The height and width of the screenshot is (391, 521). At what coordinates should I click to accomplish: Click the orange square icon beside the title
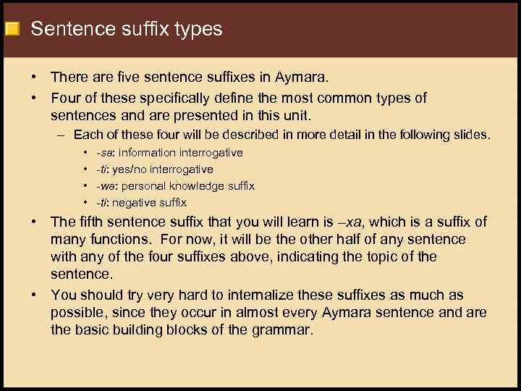[x=12, y=30]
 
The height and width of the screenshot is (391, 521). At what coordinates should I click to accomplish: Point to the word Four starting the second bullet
[x=66, y=98]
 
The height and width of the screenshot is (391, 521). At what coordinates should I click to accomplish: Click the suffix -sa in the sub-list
[x=104, y=153]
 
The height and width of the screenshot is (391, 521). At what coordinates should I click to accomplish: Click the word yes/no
[x=128, y=169]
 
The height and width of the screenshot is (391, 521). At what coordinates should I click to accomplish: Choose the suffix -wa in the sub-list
[x=105, y=186]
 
